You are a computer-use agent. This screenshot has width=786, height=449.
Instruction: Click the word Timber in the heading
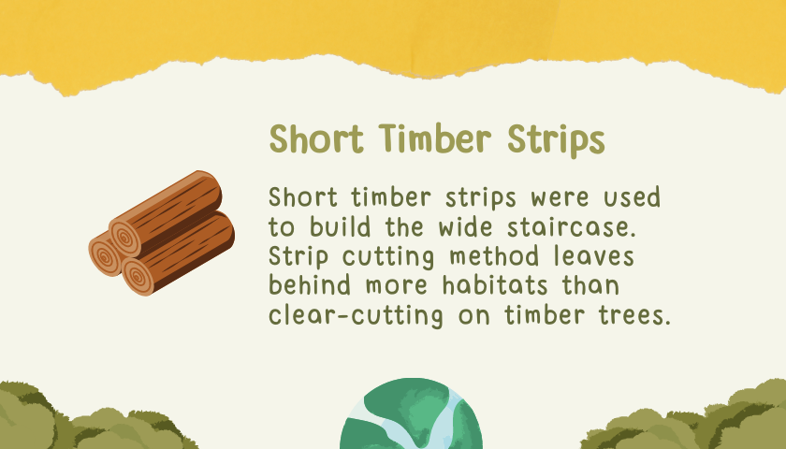tap(434, 138)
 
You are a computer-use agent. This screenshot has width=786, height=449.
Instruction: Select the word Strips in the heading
tap(556, 140)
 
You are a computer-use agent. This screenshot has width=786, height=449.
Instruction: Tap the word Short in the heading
tap(316, 138)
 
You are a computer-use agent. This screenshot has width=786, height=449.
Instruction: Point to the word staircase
tap(572, 227)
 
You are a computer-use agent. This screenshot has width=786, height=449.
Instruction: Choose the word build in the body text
tap(341, 227)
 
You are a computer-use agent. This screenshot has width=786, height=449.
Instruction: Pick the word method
tap(495, 256)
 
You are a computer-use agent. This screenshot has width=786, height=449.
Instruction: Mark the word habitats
tap(495, 285)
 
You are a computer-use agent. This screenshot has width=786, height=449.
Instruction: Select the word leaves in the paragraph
tap(594, 256)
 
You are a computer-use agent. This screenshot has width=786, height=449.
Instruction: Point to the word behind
tap(310, 285)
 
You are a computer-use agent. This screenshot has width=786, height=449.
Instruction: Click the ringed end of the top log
tap(125, 238)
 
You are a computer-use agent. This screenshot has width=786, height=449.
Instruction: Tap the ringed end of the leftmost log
tap(105, 256)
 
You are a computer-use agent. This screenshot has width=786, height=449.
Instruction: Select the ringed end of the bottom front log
tap(138, 277)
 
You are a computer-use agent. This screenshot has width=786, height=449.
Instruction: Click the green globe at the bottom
tap(411, 413)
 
